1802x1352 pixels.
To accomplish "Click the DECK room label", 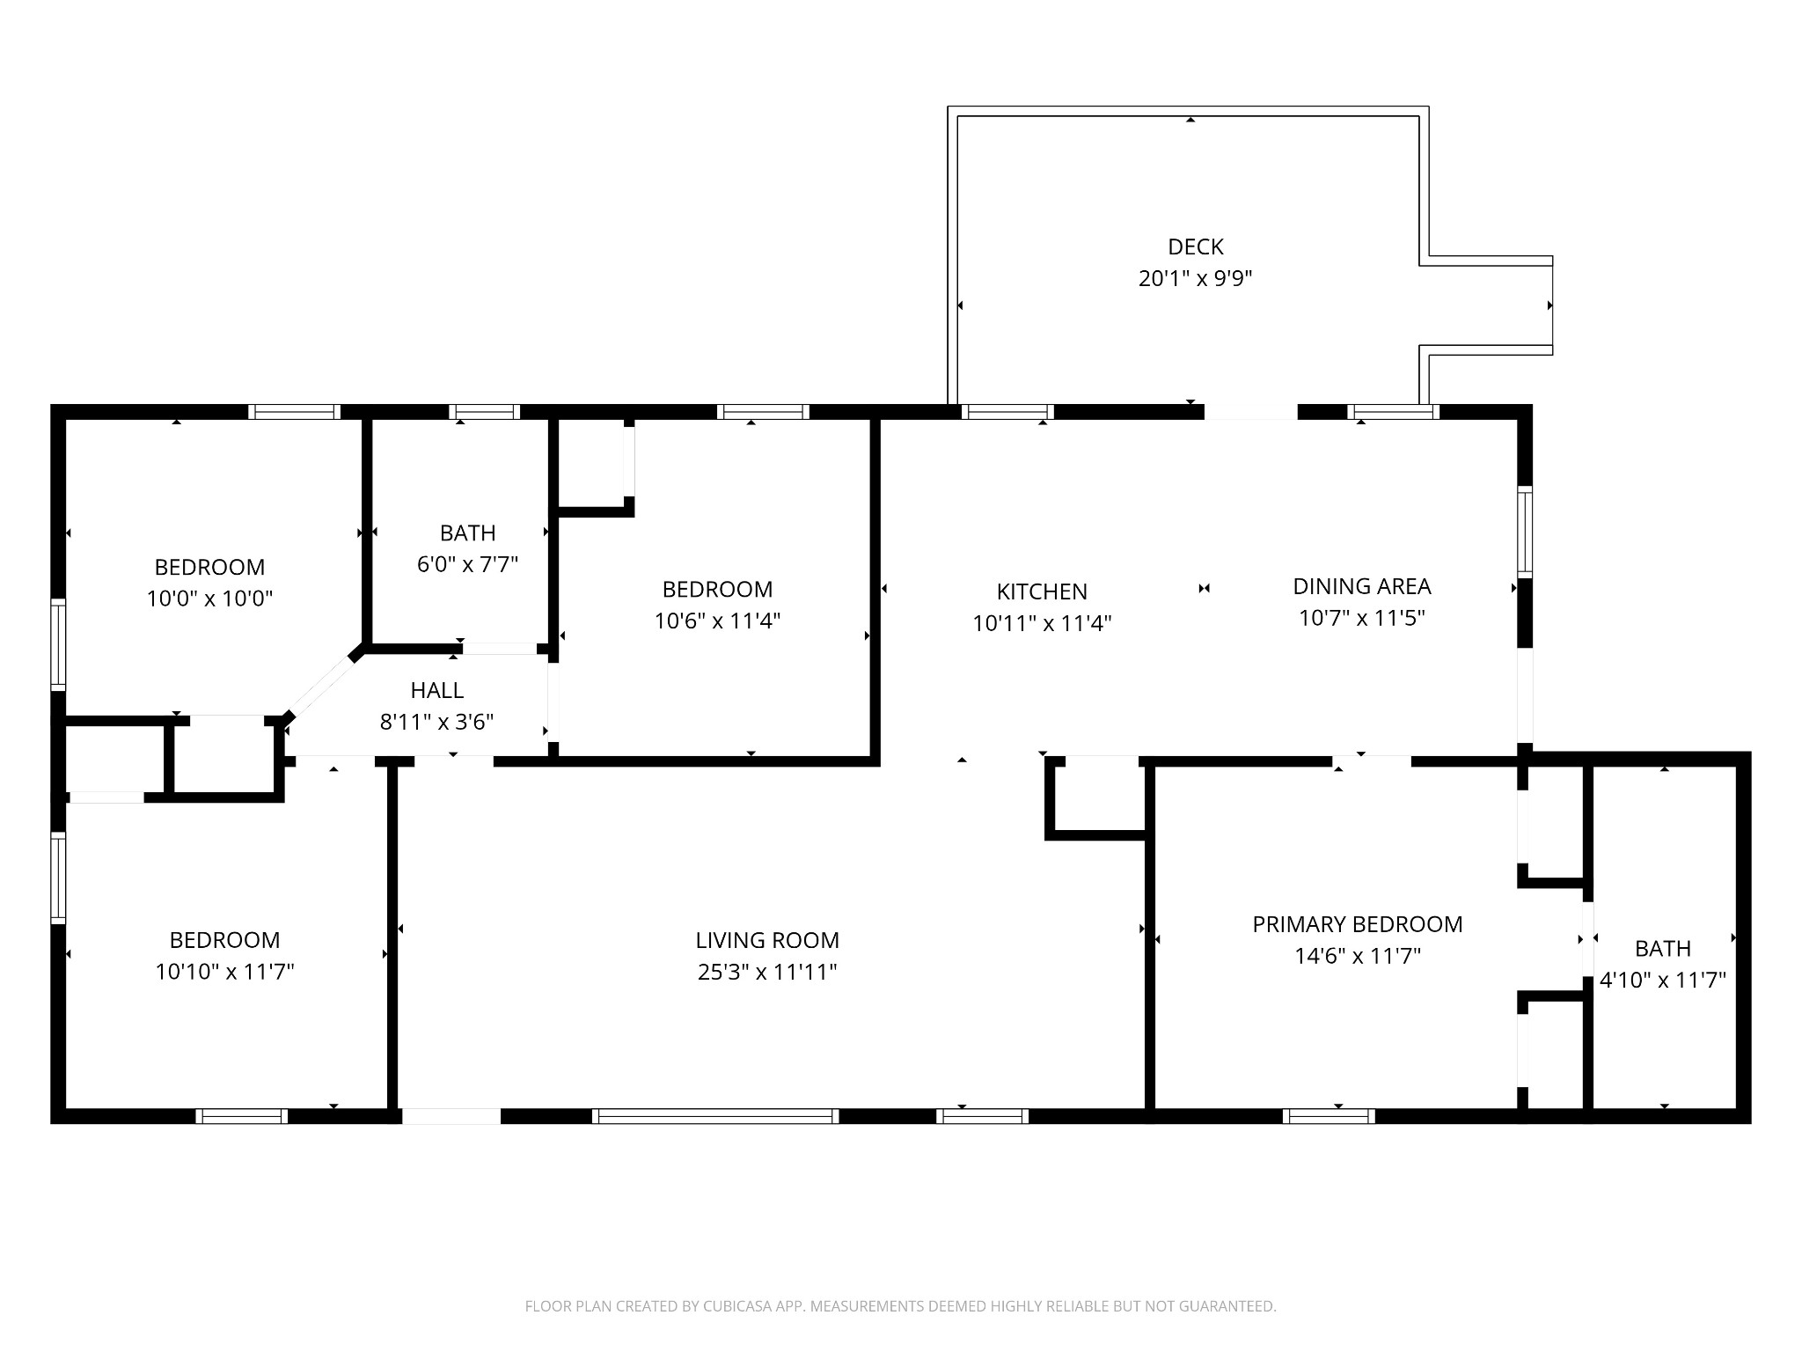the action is point(1196,247).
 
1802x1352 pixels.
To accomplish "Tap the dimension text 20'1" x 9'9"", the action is point(1196,279).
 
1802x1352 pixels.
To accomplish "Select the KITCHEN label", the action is point(1042,591).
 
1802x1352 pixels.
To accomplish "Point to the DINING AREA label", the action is point(1362,586).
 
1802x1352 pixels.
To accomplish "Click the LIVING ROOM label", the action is point(767,940).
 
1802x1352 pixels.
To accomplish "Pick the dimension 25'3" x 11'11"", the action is point(767,972).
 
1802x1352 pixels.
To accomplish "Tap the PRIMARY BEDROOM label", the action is point(1358,924).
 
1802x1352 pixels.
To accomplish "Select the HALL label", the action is point(437,691).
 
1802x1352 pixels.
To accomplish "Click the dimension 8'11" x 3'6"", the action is point(437,723).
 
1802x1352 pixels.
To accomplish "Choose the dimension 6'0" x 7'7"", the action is point(468,564).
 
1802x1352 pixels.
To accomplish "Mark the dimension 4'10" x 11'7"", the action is point(1663,980).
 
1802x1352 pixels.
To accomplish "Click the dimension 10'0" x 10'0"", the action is point(209,599).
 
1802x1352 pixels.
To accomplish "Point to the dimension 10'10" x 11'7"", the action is point(224,972).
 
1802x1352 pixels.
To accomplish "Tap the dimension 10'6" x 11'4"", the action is point(718,621).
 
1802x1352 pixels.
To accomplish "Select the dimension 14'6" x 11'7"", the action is point(1358,956).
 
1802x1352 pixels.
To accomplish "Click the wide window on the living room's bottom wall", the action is point(715,1116).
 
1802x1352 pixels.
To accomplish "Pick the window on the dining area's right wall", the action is point(1525,533).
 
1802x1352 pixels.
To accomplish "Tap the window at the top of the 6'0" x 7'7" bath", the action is point(484,412).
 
